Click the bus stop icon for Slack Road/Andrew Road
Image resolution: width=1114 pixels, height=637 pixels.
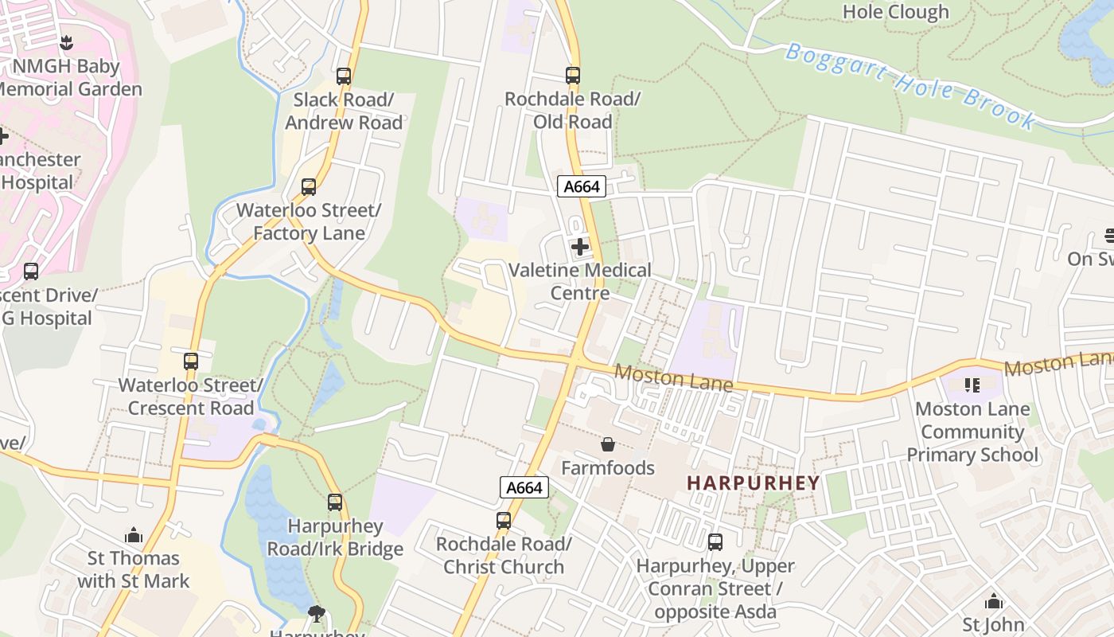click(x=344, y=76)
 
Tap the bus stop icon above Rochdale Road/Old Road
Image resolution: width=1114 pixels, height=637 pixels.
click(x=573, y=76)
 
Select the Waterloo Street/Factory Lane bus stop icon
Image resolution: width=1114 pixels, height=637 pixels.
click(x=309, y=187)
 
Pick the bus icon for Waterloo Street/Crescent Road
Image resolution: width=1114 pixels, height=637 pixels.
click(x=191, y=361)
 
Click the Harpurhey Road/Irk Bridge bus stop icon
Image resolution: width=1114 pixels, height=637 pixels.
click(x=335, y=502)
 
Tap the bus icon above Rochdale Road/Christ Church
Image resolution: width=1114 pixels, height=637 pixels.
click(x=504, y=521)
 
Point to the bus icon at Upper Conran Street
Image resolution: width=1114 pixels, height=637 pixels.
click(x=715, y=542)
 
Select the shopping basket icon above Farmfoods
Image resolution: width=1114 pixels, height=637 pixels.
click(x=608, y=444)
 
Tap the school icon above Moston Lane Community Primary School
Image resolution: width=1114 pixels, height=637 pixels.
click(x=972, y=385)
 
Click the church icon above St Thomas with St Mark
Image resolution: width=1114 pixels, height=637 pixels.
click(x=134, y=535)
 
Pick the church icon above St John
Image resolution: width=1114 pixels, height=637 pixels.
click(x=993, y=601)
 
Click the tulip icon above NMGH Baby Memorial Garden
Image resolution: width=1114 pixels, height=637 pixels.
click(x=67, y=43)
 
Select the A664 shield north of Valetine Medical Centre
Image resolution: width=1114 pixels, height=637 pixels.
click(x=582, y=187)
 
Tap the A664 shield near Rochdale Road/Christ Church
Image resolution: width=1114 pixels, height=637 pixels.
click(x=524, y=487)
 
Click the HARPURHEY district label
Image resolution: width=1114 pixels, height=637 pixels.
click(x=753, y=483)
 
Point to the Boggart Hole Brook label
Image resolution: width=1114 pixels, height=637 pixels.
click(x=912, y=86)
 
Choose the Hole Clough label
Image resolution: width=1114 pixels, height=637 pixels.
click(x=895, y=12)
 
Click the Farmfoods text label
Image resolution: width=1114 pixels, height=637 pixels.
click(x=608, y=467)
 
